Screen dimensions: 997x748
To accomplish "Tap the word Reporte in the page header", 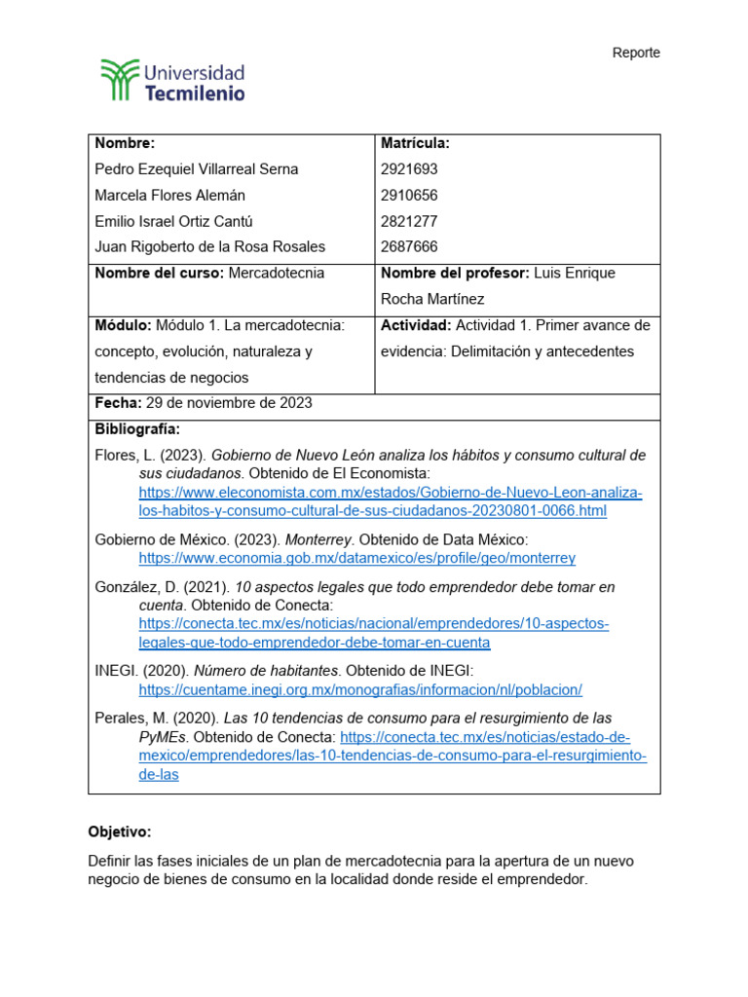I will click(636, 53).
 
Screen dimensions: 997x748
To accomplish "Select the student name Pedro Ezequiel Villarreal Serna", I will click(197, 169).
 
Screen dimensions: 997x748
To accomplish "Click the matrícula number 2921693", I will click(410, 169).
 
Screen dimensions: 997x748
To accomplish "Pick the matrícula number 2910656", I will click(410, 196).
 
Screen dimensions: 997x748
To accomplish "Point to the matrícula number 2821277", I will click(410, 221).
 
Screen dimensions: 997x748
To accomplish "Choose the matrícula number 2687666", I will click(410, 247).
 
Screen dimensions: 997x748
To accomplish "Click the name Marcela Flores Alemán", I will click(169, 196).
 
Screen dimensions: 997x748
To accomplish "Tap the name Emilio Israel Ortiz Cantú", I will click(174, 221).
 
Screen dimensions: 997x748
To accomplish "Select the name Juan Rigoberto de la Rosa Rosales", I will click(210, 247).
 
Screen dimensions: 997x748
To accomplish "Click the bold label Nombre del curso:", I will click(160, 274).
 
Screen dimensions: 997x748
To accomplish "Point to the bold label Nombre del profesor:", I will click(455, 274).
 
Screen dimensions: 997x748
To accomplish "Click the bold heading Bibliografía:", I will click(137, 429).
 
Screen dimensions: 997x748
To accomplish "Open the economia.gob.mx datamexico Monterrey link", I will click(356, 558).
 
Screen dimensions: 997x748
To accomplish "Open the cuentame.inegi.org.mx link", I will click(360, 689).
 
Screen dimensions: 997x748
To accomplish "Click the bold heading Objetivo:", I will click(120, 832).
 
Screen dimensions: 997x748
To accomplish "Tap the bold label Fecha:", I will click(118, 403).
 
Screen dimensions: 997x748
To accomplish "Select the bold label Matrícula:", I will click(415, 144).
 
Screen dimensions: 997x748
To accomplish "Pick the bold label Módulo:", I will click(123, 325).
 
